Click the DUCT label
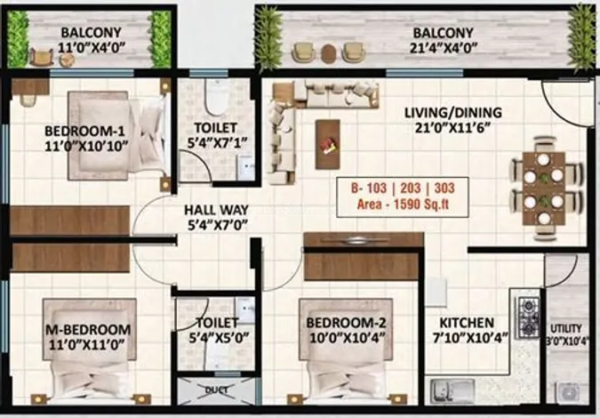pos(217,390)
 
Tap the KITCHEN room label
pos(467,323)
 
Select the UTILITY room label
pos(566,328)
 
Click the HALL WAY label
pos(216,210)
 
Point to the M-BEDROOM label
pos(88,330)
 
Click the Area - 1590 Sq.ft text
pos(403,204)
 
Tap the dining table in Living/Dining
pos(544,189)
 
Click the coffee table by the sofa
pos(327,144)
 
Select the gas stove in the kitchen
pos(527,318)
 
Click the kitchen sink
pos(452,391)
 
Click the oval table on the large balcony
pos(328,53)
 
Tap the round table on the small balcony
pos(68,60)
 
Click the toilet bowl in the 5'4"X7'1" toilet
pos(216,97)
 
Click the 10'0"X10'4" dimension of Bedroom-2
pos(347,338)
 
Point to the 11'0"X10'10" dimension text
pos(86,146)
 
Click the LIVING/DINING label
pos(453,113)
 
